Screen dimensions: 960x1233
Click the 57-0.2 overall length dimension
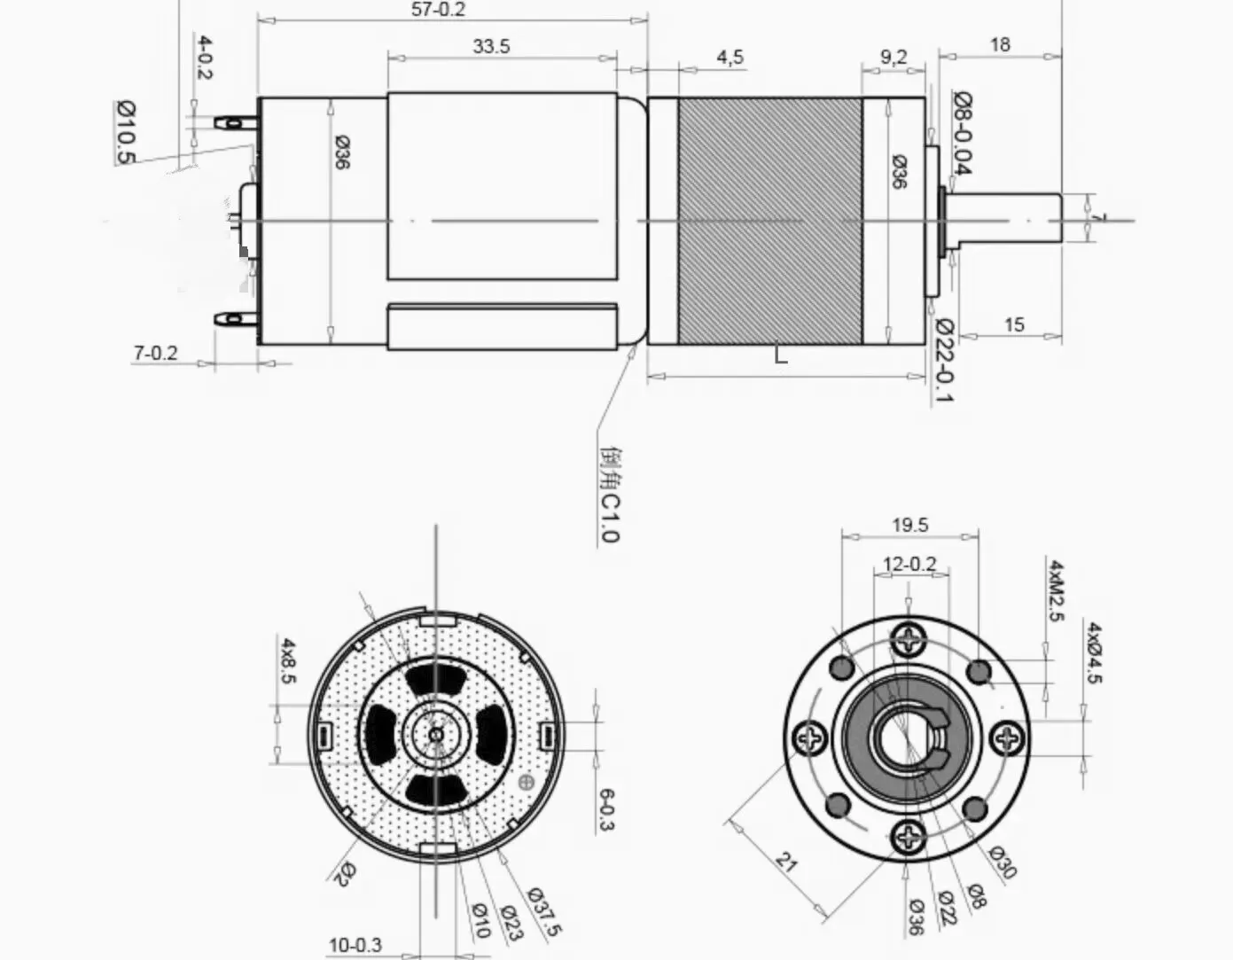[x=439, y=10]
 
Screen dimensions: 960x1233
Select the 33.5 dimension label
[x=491, y=47]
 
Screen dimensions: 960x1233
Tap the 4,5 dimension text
[x=730, y=58]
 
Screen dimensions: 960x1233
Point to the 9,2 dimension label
[x=894, y=58]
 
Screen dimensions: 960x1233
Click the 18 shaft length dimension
[x=1000, y=44]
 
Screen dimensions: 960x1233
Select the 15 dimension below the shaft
[x=1014, y=324]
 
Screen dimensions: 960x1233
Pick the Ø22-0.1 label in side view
[x=942, y=360]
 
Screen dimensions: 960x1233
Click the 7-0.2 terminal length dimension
[x=155, y=353]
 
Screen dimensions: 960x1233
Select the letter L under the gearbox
[x=780, y=355]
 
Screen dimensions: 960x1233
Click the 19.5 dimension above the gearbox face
[x=910, y=526]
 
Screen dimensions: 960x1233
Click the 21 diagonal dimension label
[x=786, y=862]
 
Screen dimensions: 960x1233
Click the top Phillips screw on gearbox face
[x=909, y=638]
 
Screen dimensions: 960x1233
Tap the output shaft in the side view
[x=1006, y=218]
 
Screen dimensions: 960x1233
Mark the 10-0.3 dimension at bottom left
[x=355, y=945]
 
